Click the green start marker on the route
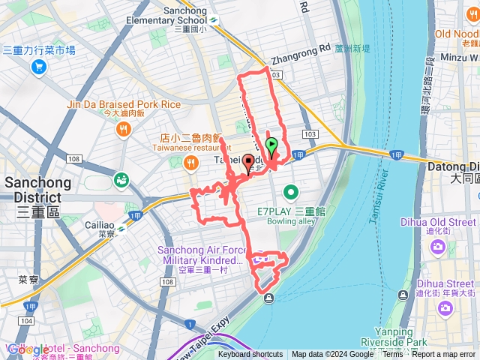pos(271,145)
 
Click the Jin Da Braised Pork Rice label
pos(124,105)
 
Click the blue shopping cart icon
pos(38,67)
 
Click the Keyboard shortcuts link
pos(250,355)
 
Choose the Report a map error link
pos(445,355)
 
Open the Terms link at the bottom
pos(393,355)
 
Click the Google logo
pos(28,349)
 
